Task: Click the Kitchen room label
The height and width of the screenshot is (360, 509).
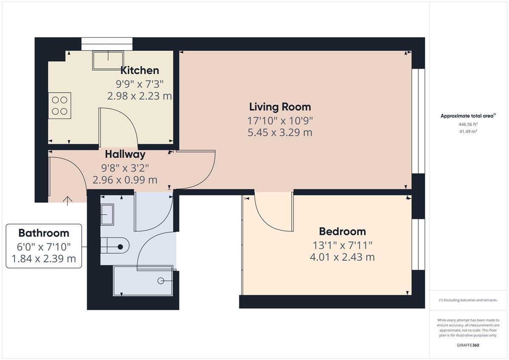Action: tap(140, 70)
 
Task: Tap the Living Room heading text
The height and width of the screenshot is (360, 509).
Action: tap(280, 107)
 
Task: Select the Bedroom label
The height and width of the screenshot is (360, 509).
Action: tap(342, 232)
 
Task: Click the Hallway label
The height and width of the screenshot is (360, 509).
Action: tap(125, 154)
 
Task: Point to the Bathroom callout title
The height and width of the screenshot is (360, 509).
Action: tap(44, 233)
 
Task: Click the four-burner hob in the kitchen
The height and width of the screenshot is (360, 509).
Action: tap(59, 106)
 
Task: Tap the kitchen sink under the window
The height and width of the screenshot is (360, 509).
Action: tap(108, 60)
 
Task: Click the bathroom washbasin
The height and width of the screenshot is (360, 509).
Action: tap(107, 215)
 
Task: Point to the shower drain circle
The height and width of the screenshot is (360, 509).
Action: tap(161, 281)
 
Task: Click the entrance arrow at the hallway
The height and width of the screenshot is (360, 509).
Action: tap(67, 201)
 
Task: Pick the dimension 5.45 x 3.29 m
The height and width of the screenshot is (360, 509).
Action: tap(280, 132)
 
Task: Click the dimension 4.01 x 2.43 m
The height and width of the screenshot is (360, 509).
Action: tap(342, 257)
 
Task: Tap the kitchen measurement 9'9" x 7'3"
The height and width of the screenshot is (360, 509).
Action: tap(140, 84)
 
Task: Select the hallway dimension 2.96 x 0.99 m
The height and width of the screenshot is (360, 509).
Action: tap(125, 180)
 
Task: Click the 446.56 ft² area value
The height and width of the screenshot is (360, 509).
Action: tap(468, 124)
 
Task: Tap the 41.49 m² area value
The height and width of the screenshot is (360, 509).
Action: tap(468, 131)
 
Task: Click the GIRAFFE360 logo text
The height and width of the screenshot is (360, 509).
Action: tap(468, 345)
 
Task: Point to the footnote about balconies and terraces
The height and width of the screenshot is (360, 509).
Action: tap(468, 300)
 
